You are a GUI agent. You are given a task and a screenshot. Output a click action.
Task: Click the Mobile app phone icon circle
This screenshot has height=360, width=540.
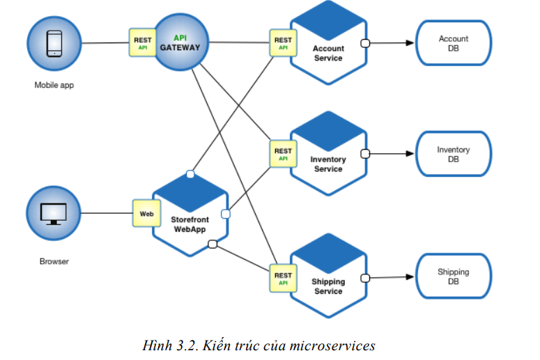point(53,43)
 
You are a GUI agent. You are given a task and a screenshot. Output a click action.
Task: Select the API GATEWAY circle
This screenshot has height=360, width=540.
point(180,43)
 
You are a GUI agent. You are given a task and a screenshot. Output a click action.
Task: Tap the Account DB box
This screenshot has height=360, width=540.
point(453,43)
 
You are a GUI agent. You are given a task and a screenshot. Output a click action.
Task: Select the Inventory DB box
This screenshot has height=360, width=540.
point(453,154)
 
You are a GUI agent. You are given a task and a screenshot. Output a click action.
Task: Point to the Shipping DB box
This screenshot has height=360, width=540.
point(453,276)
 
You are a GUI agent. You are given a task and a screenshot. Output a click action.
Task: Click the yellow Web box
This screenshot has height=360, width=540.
point(146,213)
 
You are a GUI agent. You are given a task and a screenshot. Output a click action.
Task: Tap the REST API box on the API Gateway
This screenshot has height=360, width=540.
point(142,43)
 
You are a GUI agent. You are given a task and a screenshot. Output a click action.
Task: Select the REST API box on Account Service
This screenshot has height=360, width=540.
point(283,43)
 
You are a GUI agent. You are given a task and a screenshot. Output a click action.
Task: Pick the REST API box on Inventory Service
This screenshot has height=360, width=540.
point(283,154)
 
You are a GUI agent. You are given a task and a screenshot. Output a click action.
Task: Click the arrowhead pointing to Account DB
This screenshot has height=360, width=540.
point(410,43)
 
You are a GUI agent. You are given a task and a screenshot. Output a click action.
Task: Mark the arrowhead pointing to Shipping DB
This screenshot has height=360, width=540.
point(410,276)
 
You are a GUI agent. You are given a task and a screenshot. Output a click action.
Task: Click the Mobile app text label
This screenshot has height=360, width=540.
point(54,86)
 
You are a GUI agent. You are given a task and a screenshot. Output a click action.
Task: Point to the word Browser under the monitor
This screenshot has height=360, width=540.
point(54,263)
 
